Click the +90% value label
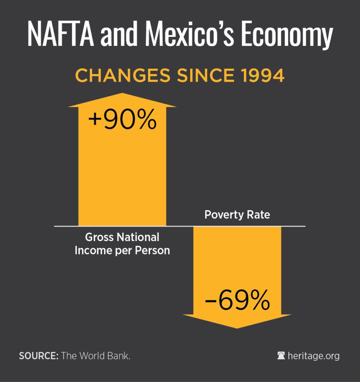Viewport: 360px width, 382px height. coord(122,120)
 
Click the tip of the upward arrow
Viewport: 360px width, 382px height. coord(122,94)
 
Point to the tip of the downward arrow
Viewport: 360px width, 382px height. coord(237,328)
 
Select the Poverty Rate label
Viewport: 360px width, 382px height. coord(237,215)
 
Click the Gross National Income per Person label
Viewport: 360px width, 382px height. coord(122,244)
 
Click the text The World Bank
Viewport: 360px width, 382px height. coord(96,356)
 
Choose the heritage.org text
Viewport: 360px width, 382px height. coord(313,356)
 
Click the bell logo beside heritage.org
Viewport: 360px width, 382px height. coord(281,356)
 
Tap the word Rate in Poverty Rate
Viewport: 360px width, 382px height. coord(260,215)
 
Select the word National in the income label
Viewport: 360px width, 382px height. coord(138,237)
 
